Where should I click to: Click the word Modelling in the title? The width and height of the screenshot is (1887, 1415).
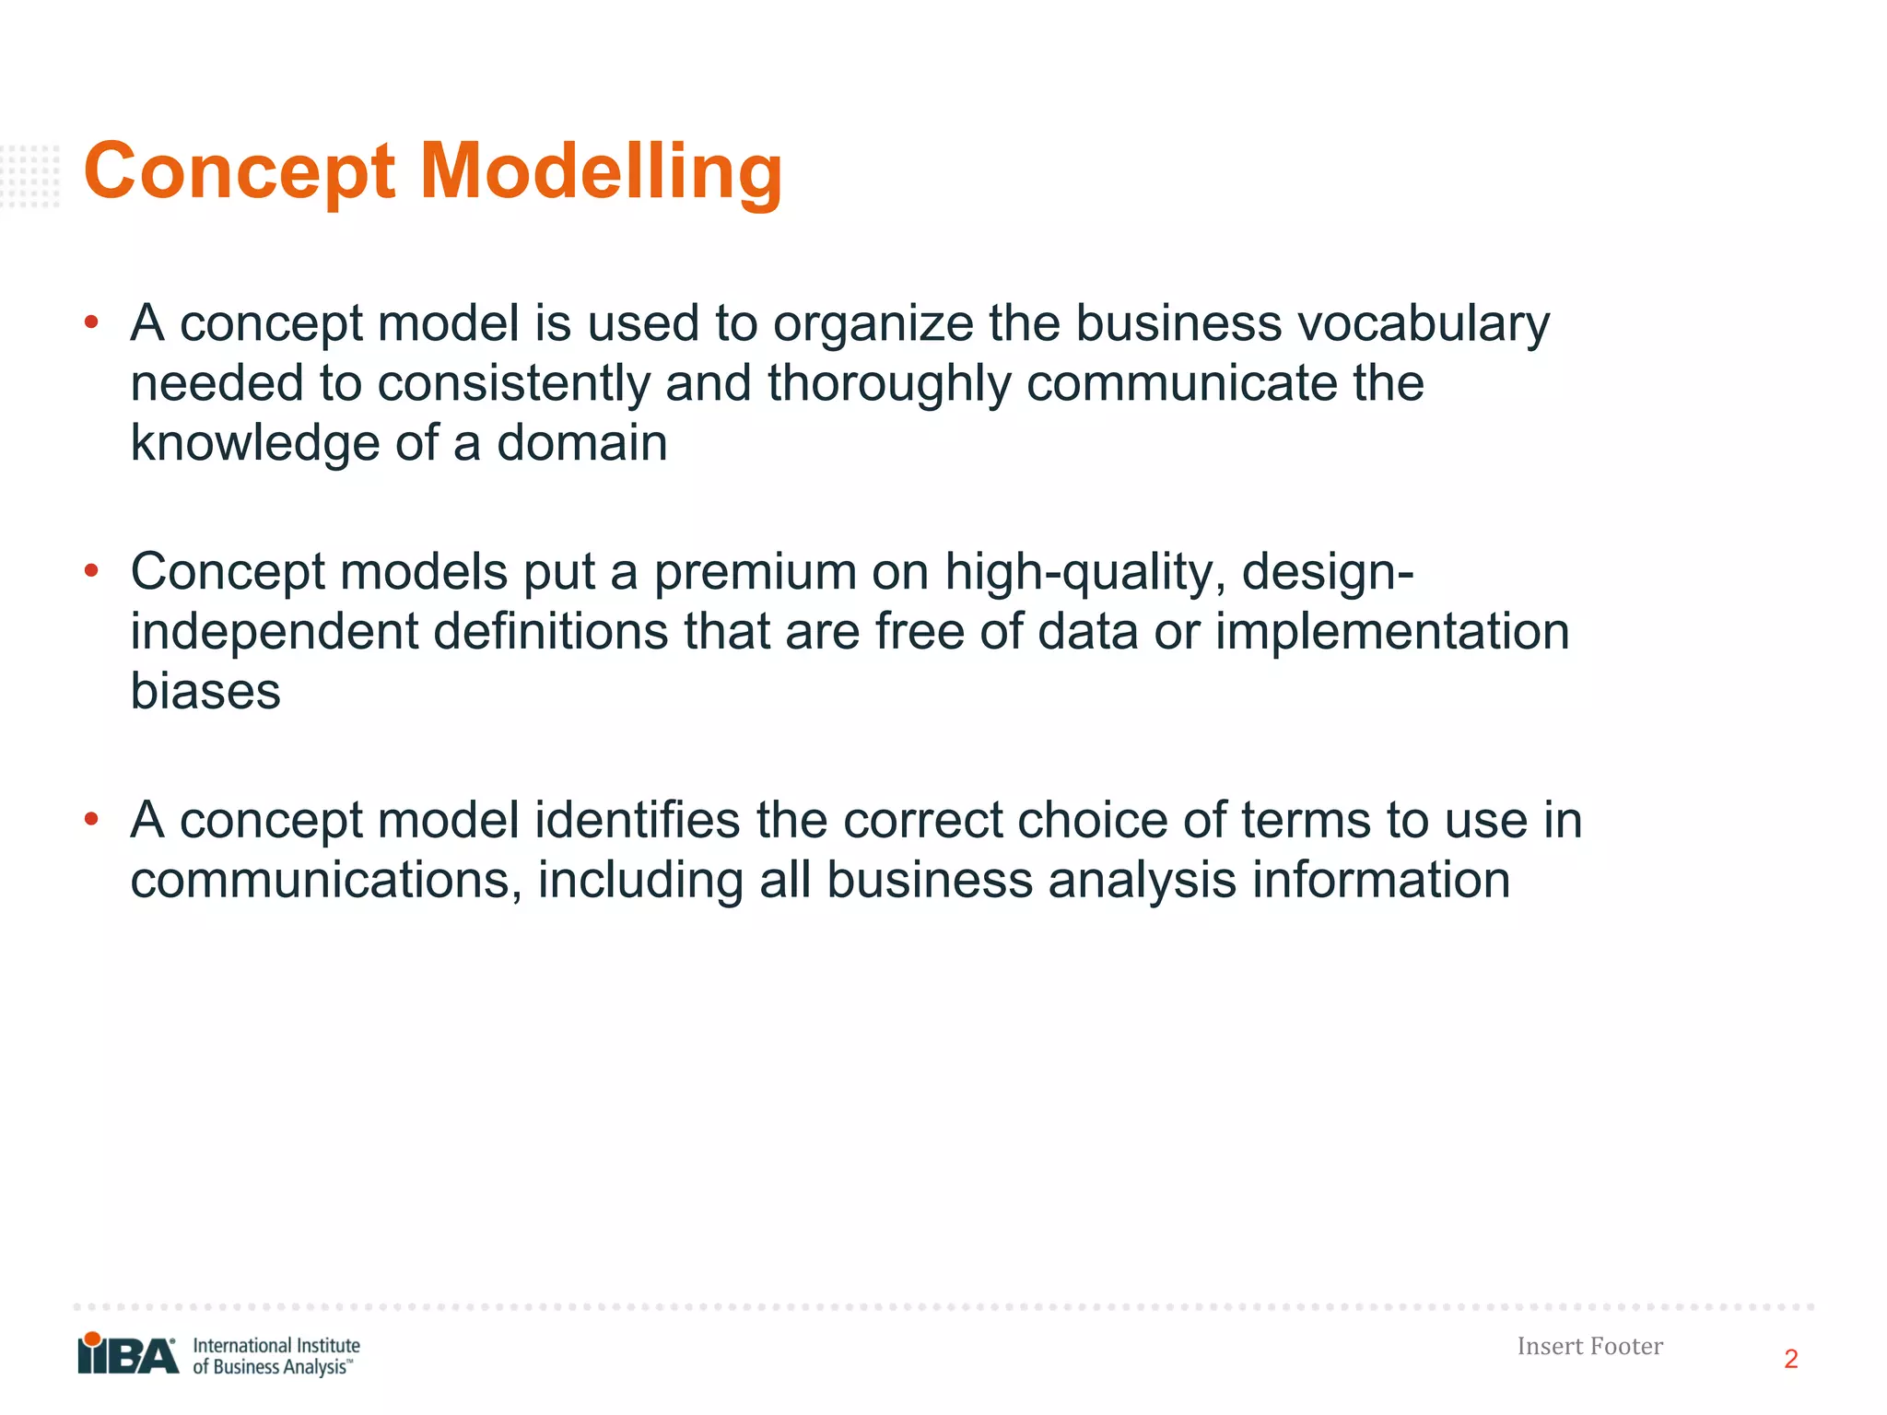(601, 173)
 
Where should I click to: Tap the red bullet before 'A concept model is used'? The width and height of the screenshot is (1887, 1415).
(91, 323)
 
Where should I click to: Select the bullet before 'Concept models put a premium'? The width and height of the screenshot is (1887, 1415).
(91, 572)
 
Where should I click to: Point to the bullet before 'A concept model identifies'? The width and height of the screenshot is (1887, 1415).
(91, 819)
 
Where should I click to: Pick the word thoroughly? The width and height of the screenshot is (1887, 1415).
(889, 384)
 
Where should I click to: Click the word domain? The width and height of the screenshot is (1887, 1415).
(581, 443)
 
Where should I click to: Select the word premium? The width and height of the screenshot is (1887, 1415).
(754, 573)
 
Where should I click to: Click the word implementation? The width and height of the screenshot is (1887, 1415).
(1392, 633)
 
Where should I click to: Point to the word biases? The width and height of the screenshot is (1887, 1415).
(205, 692)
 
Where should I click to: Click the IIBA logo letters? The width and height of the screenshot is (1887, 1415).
(129, 1356)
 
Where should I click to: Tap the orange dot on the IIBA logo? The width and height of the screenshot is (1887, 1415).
(92, 1339)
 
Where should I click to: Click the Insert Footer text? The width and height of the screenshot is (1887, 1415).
(1589, 1346)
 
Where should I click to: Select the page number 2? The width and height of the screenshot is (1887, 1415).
(1790, 1359)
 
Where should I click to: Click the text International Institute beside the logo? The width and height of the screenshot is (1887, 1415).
(275, 1345)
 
